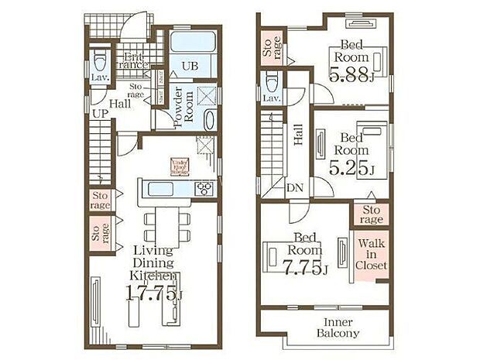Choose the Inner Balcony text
[x=337, y=327]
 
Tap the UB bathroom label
[x=190, y=66]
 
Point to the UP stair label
[x=100, y=114]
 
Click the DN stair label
[x=295, y=188]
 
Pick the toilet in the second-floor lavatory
[x=272, y=82]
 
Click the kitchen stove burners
[x=205, y=188]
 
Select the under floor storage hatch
[x=179, y=165]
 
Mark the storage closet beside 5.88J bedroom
[x=271, y=48]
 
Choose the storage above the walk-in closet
[x=371, y=214]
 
